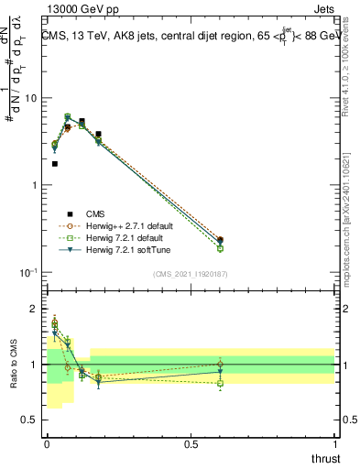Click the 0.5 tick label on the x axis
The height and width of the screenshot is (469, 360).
click(191, 443)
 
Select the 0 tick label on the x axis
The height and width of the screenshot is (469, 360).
click(47, 443)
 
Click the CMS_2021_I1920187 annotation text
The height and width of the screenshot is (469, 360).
click(190, 272)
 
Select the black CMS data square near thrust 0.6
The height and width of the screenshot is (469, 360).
click(220, 240)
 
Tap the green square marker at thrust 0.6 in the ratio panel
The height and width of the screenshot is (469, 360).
click(220, 383)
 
